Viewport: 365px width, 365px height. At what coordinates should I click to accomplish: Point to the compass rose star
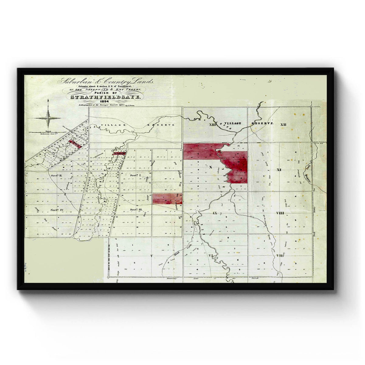pyautogui.click(x=48, y=118)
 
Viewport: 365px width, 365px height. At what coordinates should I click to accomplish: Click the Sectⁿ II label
pyautogui.click(x=57, y=176)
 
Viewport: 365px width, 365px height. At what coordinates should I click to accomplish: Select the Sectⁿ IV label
pyautogui.click(x=57, y=210)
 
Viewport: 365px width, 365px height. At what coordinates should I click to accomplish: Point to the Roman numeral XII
pyautogui.click(x=283, y=125)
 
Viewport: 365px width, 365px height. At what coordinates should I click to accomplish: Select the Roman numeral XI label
pyautogui.click(x=279, y=169)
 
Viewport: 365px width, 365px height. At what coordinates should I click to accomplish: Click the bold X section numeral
pyautogui.click(x=210, y=167)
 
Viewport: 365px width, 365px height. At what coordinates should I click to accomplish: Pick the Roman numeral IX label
pyautogui.click(x=215, y=213)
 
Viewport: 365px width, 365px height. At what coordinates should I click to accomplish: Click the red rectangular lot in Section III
pyautogui.click(x=167, y=199)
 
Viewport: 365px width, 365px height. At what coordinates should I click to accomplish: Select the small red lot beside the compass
pyautogui.click(x=75, y=144)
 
